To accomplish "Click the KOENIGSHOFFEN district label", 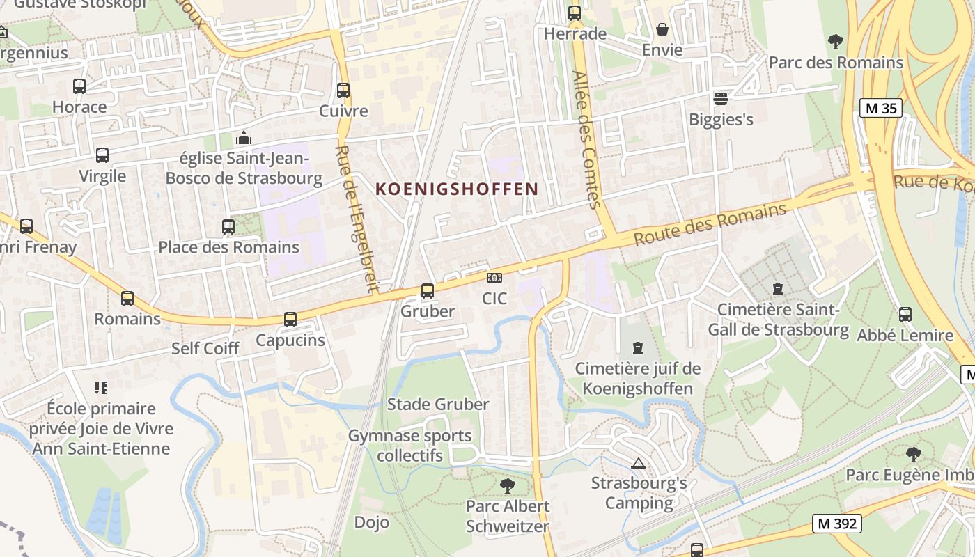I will coord(457,189).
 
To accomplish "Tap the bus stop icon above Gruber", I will coord(428,291).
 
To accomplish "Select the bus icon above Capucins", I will coord(290,320).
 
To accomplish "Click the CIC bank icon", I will coord(494,278).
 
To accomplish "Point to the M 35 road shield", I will coord(880,109).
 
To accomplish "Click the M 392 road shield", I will coord(836,524).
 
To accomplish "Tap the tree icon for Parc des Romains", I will coord(836,42).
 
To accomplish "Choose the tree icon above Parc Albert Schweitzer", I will coord(508,485).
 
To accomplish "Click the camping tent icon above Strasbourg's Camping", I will coord(639,462).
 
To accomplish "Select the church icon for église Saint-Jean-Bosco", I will coord(244,138).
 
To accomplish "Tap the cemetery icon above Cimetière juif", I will coord(638,347).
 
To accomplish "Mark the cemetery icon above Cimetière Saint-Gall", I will coord(778,288).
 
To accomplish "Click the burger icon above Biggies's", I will coord(721,99).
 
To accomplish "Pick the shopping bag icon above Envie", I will coord(662,29).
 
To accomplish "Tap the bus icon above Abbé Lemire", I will coord(905,315).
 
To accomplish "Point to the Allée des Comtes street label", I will coord(586,139).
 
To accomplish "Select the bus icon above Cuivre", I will coord(343,91).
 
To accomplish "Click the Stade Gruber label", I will coord(438,404).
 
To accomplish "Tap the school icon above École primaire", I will coord(101,388).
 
